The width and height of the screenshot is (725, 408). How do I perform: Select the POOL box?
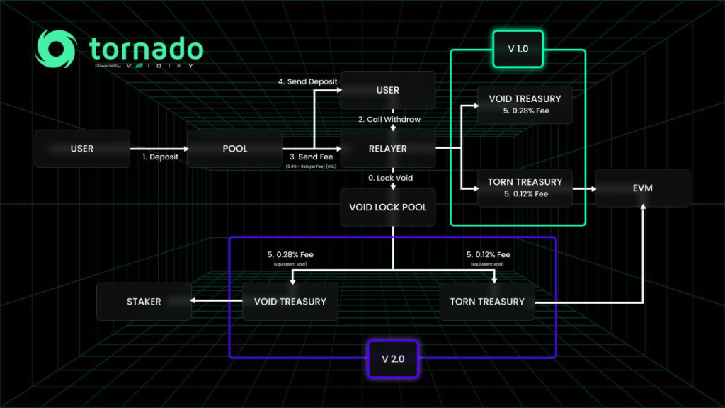235,149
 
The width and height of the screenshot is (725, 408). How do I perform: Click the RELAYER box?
388,149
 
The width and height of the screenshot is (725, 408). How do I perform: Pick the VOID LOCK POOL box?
388,207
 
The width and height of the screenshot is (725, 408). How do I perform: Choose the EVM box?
642,188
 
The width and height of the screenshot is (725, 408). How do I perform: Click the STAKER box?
144,302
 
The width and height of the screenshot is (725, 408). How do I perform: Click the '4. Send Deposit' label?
307,81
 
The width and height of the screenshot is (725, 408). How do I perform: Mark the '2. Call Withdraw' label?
389,119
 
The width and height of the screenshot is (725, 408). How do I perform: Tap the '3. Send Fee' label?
310,157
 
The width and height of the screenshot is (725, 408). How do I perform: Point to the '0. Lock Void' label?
389,177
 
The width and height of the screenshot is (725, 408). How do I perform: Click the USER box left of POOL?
82,149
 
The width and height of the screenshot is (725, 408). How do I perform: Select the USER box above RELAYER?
388,90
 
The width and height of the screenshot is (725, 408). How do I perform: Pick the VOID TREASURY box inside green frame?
525,104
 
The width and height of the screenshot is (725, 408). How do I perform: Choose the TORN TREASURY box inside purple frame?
487,302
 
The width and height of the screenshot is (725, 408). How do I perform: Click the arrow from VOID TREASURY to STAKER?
217,302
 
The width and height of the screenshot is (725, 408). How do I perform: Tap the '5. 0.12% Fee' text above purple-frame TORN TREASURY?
488,254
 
